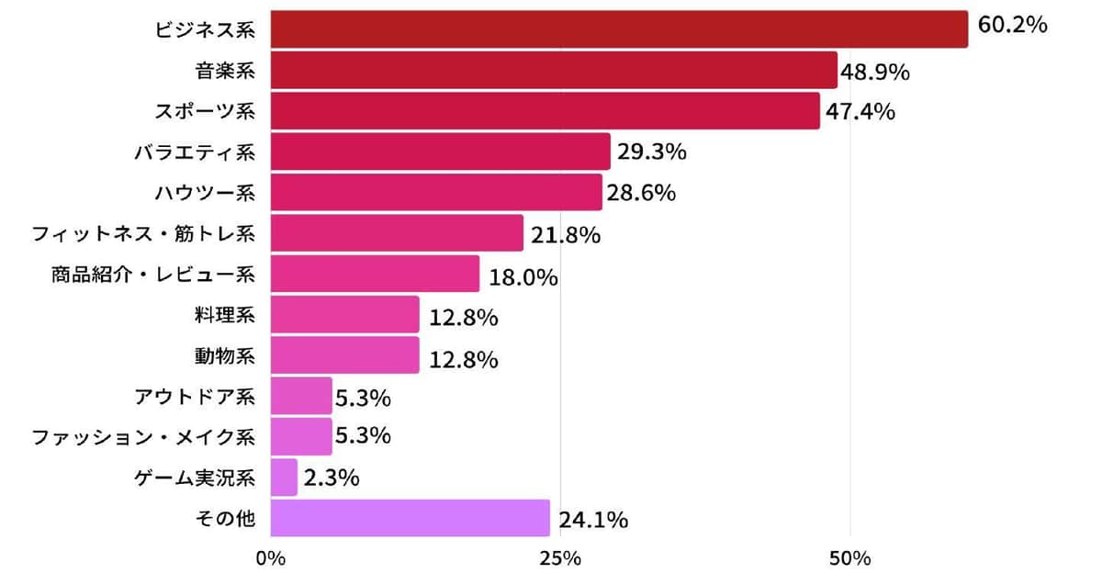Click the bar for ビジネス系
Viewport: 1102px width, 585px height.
tap(620, 29)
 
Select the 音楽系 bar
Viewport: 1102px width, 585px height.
tap(555, 70)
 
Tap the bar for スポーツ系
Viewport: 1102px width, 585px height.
tap(545, 110)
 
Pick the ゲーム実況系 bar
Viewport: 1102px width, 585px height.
tap(285, 478)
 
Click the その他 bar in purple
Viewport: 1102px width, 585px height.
tap(410, 518)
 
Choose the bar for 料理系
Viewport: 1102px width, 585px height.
tap(345, 314)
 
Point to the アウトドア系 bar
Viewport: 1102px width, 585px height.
tap(301, 396)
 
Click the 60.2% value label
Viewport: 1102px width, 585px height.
tap(1012, 25)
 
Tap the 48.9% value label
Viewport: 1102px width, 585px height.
tap(875, 71)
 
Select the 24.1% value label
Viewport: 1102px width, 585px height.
tap(593, 521)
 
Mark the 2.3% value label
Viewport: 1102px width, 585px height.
tap(331, 478)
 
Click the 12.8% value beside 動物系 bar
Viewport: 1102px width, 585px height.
tap(464, 359)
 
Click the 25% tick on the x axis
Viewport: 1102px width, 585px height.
tap(560, 558)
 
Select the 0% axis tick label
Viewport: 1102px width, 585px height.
tap(271, 558)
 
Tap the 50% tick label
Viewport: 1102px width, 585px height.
tap(849, 558)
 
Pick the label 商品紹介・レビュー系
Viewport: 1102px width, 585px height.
tap(153, 274)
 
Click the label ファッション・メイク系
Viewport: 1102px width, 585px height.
tap(143, 436)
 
